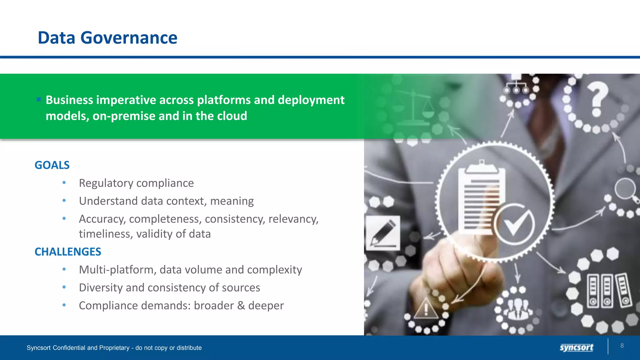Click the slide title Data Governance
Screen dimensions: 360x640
pos(107,38)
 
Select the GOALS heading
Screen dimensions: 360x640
pos(52,165)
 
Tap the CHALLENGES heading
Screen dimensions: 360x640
pos(68,252)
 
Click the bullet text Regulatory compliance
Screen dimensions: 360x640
pos(136,183)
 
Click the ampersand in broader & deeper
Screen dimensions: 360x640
pos(241,306)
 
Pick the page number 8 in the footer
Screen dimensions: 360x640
pos(622,346)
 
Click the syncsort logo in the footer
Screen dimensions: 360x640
pos(576,347)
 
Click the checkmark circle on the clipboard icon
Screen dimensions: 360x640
pos(514,224)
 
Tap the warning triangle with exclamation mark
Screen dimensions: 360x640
pos(426,308)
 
